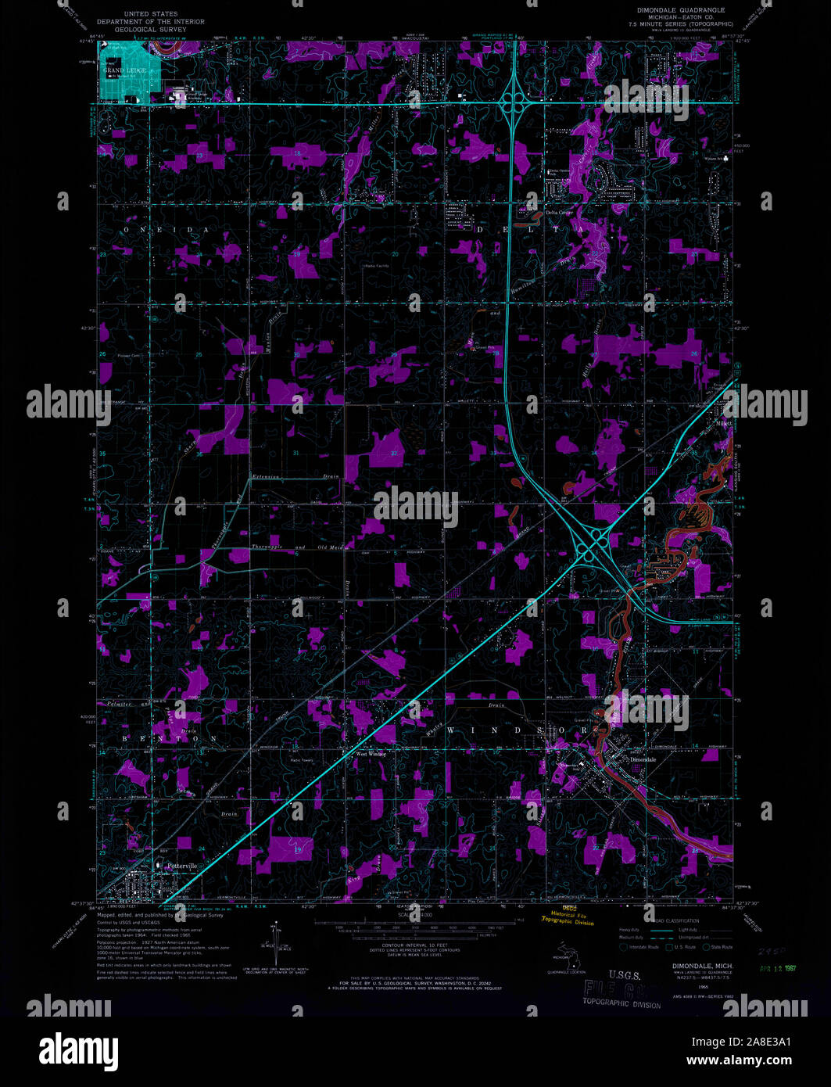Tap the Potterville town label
(177, 865)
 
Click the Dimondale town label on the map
(644, 759)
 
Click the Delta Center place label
(561, 213)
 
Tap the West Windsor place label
(371, 755)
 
